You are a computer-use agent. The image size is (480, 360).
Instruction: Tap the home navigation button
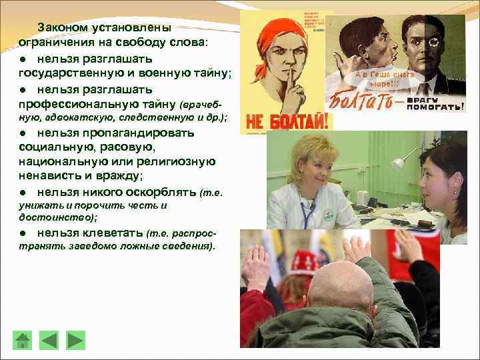point(23,340)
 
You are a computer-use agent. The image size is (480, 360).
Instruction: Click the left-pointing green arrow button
point(49,340)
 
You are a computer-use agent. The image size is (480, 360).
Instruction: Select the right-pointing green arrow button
point(75,340)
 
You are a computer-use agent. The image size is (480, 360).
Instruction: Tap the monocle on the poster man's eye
point(433,41)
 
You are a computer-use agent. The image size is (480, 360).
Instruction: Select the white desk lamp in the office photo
point(397,162)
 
